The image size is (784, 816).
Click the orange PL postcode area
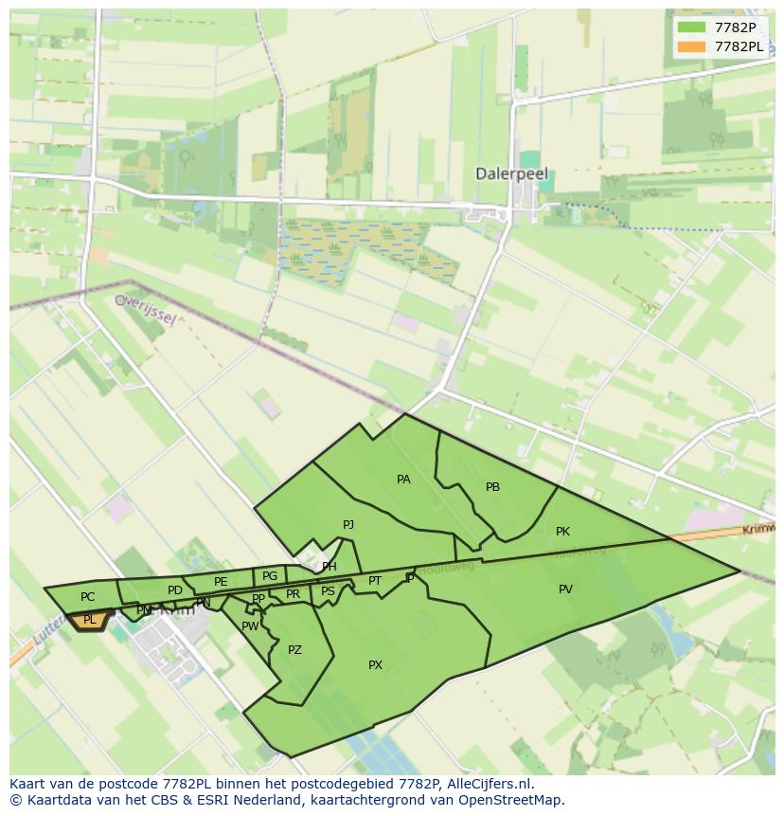click(x=90, y=620)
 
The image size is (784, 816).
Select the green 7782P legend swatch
click(x=692, y=27)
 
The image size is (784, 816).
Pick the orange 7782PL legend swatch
click(x=692, y=46)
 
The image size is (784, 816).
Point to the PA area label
click(x=403, y=480)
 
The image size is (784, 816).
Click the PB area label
click(x=492, y=487)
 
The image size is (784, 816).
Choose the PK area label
click(x=562, y=532)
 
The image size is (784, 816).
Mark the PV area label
click(x=565, y=589)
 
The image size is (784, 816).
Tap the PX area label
click(x=375, y=665)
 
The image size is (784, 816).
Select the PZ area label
click(x=294, y=650)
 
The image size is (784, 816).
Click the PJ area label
click(x=348, y=524)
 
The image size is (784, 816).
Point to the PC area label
click(x=87, y=597)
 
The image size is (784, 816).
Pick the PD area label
click(x=174, y=590)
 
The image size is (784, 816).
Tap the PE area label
click(x=221, y=582)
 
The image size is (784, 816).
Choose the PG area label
click(x=270, y=575)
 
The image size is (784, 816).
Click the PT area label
click(x=375, y=581)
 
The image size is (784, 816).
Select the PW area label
click(x=250, y=626)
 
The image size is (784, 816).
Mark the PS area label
click(x=328, y=591)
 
